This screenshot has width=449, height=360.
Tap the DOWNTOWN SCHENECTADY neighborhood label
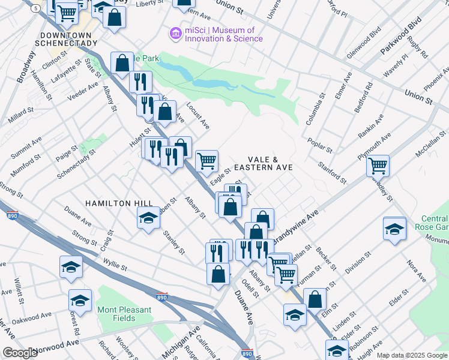[x=66, y=39]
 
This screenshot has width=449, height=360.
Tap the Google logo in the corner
[x=20, y=353]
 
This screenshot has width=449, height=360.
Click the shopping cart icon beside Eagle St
[x=206, y=160]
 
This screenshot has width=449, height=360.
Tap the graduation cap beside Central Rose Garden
[x=394, y=229]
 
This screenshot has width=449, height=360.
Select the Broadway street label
[x=27, y=66]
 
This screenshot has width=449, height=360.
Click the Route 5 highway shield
[x=37, y=8]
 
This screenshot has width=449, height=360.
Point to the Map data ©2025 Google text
[x=412, y=355]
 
